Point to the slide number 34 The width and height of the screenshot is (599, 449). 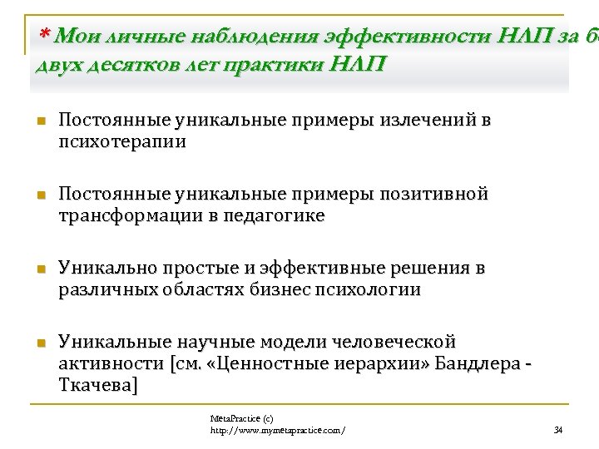click(x=558, y=430)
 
